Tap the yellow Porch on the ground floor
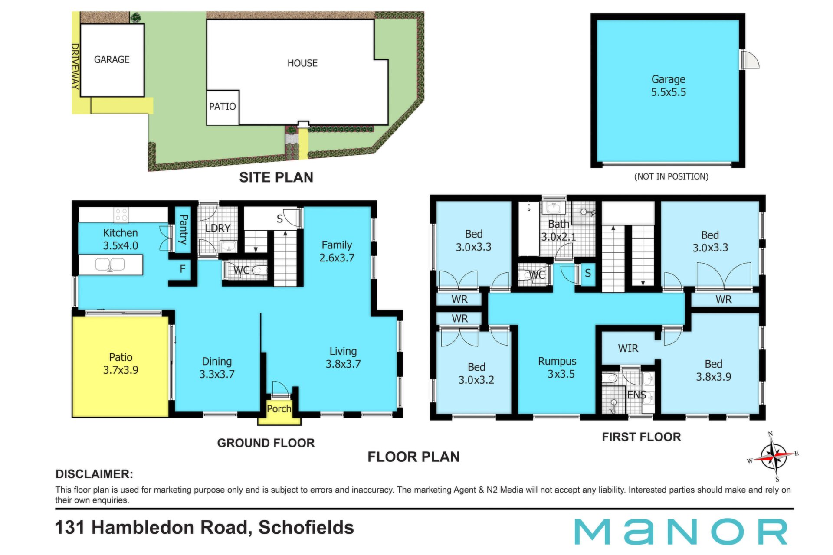coord(279,409)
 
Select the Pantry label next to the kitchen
coord(184,229)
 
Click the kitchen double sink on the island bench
coord(110,264)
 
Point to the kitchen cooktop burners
coord(121,215)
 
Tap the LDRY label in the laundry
coord(218,228)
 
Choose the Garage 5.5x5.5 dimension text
coord(669,92)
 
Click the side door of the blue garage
coord(750,59)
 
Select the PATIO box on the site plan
coord(223,108)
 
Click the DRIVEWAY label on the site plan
coord(75,66)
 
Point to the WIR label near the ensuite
coord(628,348)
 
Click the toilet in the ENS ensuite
coord(610,378)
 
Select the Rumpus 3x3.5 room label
coord(558,367)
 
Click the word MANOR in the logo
coord(681,532)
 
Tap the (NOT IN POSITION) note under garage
coord(671,176)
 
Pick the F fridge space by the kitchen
coord(183,269)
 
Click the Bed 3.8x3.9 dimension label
coord(714,377)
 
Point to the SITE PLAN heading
coord(276,177)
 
